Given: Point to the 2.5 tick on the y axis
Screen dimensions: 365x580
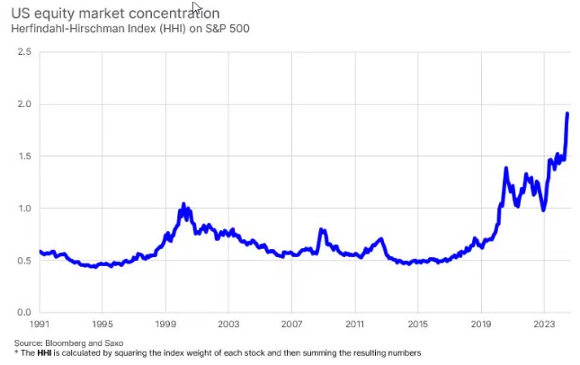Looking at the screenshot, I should pyautogui.click(x=24, y=53).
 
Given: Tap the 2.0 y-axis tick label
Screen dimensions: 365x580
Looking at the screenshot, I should pyautogui.click(x=24, y=104).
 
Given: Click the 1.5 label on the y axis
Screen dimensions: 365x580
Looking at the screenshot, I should pyautogui.click(x=24, y=156).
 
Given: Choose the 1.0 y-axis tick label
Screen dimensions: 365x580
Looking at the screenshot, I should pyautogui.click(x=24, y=209).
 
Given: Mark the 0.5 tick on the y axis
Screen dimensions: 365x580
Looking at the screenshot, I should pyautogui.click(x=24, y=261).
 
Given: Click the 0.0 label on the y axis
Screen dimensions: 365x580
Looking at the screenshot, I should pyautogui.click(x=24, y=312).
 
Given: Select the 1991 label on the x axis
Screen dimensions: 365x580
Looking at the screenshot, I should pyautogui.click(x=39, y=323).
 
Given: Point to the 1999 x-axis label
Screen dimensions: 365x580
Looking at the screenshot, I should pyautogui.click(x=165, y=323).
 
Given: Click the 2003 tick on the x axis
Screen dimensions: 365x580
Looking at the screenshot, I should pyautogui.click(x=228, y=323).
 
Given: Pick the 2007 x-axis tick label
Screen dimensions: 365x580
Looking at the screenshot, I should pyautogui.click(x=291, y=323).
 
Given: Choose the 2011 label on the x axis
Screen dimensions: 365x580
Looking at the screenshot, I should pyautogui.click(x=354, y=323).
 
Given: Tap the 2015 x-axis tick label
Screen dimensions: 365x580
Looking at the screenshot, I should pyautogui.click(x=417, y=323).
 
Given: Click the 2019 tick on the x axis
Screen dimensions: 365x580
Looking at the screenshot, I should pyautogui.click(x=480, y=323).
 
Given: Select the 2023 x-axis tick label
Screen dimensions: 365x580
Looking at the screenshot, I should pyautogui.click(x=543, y=323).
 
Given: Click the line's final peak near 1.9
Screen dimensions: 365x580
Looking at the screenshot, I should pyautogui.click(x=567, y=113).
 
